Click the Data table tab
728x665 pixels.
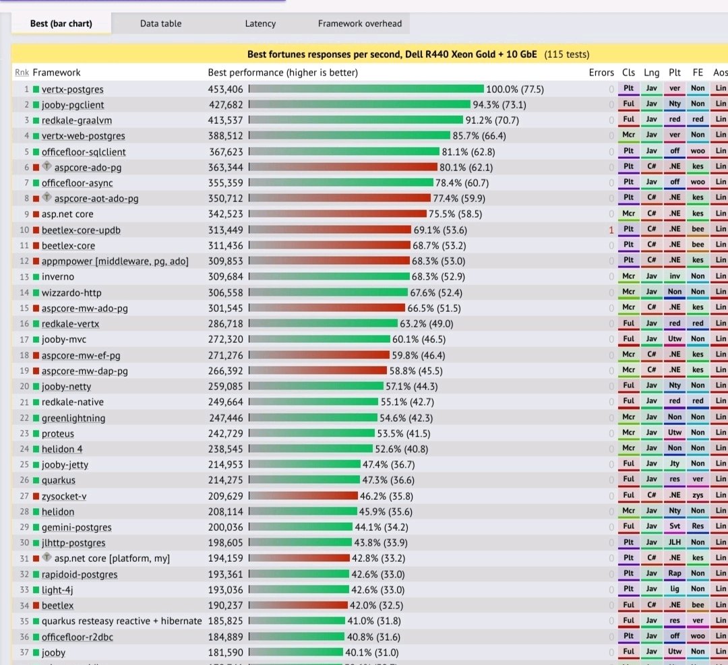160,24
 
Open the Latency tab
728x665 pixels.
260,24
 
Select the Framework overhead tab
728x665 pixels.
359,24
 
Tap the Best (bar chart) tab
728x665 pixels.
61,24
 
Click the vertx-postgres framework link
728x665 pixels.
72,89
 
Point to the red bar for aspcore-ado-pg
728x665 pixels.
343,167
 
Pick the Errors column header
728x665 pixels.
601,72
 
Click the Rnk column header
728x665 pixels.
22,72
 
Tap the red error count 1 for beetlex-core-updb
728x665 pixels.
611,230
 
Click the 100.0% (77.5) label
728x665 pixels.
514,89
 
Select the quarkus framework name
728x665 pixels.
58,480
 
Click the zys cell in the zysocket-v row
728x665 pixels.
698,496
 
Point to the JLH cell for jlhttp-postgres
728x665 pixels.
675,542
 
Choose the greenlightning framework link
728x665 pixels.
73,418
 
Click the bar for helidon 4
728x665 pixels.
311,449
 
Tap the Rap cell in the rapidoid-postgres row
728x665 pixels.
675,574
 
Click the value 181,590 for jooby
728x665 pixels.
225,652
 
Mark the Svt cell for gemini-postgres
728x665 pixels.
675,527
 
